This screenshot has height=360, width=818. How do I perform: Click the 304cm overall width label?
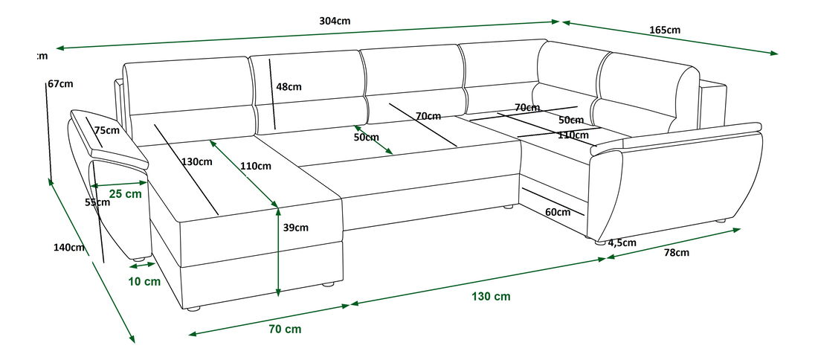point(335,21)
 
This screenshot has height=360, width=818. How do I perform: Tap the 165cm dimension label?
point(665,30)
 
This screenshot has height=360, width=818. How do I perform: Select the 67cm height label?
point(61,84)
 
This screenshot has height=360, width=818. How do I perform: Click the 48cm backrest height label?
point(289,86)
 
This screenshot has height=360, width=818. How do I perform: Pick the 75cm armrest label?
point(107,130)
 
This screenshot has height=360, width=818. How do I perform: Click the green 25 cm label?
point(125,194)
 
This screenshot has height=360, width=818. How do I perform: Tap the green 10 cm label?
point(144,281)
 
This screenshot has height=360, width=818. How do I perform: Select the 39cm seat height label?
point(295,228)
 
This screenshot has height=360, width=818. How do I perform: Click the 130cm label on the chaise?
point(197,161)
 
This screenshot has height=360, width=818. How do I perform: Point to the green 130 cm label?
point(491,296)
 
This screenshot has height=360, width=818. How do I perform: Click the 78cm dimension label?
point(676,253)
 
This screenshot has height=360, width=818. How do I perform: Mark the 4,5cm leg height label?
point(622,242)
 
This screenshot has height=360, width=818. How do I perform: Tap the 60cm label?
point(558,212)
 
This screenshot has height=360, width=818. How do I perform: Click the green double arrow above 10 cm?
point(141,264)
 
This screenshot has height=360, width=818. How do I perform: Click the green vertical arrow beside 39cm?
point(277,253)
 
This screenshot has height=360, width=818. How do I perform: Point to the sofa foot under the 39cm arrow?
point(325,284)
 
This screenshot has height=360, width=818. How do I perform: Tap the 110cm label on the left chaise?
point(255,165)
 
